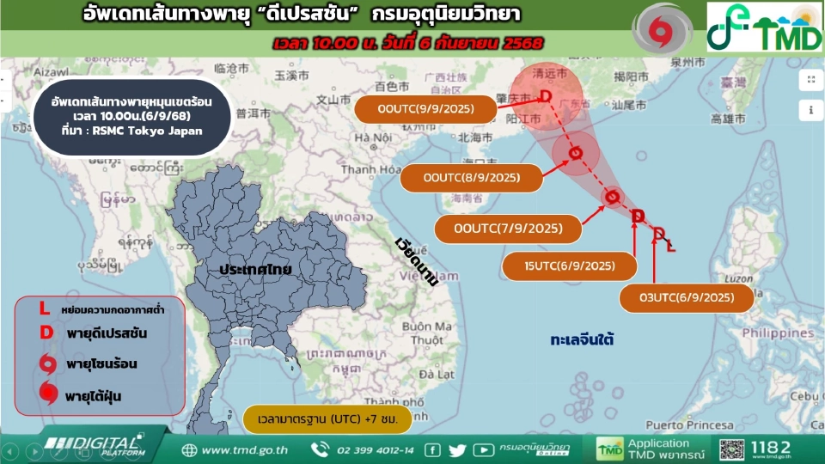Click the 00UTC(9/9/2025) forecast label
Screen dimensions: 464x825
[x=428, y=109]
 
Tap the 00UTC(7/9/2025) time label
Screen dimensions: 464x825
[x=508, y=229]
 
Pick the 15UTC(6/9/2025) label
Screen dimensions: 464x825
[x=570, y=266]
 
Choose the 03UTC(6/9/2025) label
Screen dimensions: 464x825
[x=687, y=298]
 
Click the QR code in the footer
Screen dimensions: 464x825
[x=731, y=449]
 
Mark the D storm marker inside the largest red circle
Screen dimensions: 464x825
[x=546, y=96]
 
